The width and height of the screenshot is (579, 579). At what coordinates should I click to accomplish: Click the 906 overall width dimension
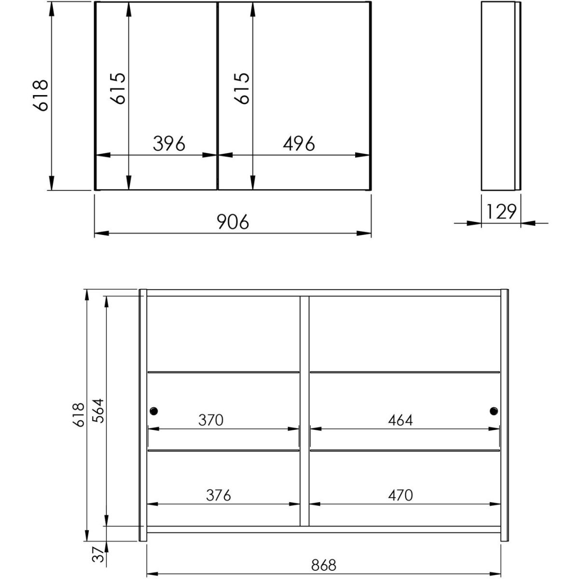point(233,221)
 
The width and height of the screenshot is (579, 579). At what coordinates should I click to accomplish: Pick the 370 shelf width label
point(211,420)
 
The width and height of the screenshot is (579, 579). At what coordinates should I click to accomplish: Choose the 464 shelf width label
point(400,420)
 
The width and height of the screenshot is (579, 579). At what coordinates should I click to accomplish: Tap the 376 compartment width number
point(219,495)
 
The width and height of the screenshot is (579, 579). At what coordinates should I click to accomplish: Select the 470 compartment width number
point(400,495)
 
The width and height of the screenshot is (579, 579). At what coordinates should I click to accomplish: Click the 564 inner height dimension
point(98,411)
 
